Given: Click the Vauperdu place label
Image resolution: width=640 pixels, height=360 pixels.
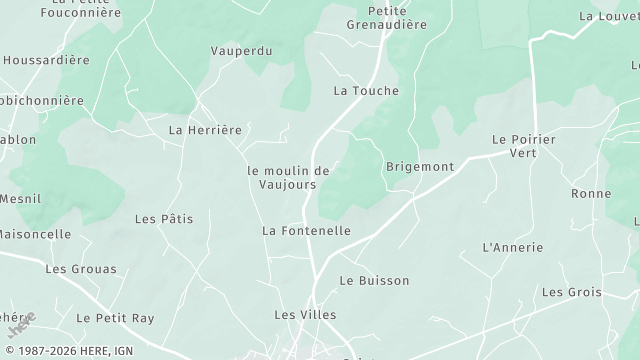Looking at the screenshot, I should (x=241, y=51).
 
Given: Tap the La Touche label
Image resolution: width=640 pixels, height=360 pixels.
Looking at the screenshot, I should (x=366, y=91).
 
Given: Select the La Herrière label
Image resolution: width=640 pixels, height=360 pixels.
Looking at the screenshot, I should (x=205, y=130).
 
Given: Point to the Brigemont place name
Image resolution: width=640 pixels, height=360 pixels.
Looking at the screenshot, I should (x=420, y=167).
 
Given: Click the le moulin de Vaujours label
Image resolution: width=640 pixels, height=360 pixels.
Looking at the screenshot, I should (x=288, y=178).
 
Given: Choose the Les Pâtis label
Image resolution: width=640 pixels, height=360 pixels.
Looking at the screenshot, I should (x=164, y=219).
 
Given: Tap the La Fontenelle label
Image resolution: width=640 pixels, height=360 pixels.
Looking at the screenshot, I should (x=306, y=231).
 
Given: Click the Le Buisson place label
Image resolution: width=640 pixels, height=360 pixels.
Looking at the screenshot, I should (x=374, y=281).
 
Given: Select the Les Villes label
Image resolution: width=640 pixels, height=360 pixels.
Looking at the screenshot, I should (x=305, y=315).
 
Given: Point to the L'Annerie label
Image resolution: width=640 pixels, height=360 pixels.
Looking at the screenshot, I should (x=512, y=248).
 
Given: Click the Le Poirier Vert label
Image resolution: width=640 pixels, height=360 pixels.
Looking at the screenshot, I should (x=523, y=146).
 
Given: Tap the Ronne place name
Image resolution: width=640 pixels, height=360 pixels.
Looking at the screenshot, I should (x=591, y=194).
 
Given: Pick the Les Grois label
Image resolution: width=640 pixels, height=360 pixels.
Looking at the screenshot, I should (x=571, y=293).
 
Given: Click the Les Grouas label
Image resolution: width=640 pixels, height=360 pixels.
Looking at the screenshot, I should (x=81, y=269).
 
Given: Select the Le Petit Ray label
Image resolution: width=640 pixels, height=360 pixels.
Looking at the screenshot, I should (x=115, y=318).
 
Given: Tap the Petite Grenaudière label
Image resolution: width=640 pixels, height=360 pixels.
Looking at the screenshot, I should (x=385, y=18).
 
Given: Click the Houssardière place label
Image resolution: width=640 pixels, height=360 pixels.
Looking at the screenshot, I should (x=46, y=60).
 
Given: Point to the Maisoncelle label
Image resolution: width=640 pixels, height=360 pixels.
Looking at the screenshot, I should (x=35, y=235).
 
